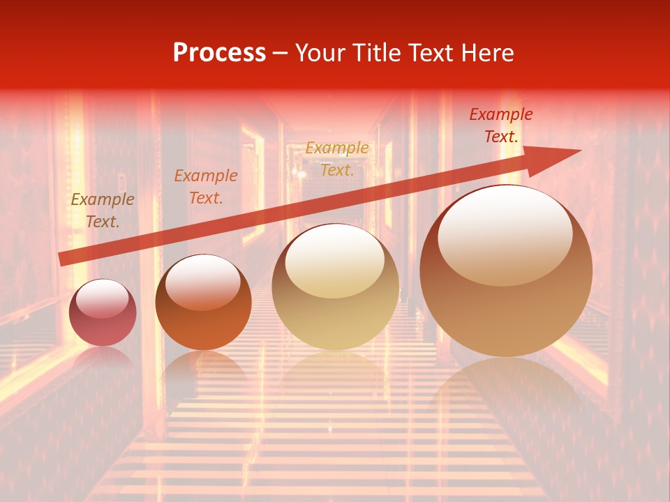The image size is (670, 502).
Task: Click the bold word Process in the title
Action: click(x=219, y=53)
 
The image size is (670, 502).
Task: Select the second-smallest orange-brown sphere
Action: click(x=203, y=303)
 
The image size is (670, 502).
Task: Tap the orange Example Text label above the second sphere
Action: click(x=205, y=187)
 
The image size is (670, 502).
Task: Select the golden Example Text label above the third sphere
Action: click(x=337, y=159)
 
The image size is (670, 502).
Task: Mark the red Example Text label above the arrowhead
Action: click(x=500, y=125)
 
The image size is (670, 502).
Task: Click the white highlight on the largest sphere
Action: click(x=505, y=234)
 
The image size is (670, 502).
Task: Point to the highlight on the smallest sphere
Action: click(x=103, y=299)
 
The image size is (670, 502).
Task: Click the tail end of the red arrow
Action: click(x=61, y=259)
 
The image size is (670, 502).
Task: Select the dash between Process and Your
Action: click(x=281, y=54)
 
